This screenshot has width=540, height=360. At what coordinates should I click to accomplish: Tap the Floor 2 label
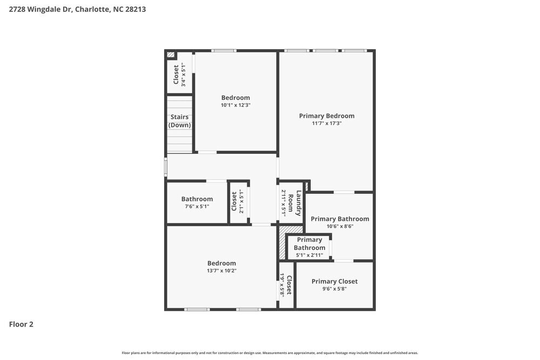[21, 324]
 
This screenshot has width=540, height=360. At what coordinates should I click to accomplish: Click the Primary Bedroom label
[327, 116]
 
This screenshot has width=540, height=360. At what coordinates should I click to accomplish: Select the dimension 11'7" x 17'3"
[327, 124]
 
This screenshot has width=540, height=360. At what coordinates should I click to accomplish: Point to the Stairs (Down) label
[179, 121]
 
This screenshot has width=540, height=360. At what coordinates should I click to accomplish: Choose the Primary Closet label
[334, 281]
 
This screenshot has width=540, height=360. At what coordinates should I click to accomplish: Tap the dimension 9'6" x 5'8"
[334, 289]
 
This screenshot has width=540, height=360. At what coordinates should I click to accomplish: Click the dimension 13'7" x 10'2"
[221, 271]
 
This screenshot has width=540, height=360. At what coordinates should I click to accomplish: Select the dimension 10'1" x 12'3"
[235, 105]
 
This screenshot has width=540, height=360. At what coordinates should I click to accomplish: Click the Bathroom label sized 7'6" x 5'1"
[197, 199]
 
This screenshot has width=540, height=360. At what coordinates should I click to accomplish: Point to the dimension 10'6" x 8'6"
[340, 227]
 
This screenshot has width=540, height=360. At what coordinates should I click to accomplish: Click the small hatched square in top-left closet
[171, 55]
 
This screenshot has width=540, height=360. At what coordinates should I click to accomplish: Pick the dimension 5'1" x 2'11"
[309, 255]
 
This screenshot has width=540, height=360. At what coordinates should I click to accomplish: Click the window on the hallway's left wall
[166, 167]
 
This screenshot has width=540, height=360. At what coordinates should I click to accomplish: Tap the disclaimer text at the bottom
[270, 352]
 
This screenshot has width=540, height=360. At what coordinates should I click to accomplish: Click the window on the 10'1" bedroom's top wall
[223, 51]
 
